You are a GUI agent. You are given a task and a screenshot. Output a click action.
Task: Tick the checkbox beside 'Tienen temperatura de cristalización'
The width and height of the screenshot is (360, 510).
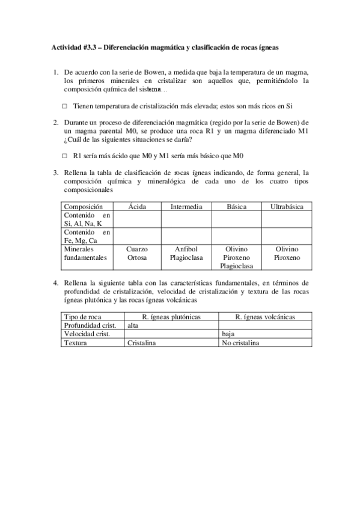[x=64, y=106]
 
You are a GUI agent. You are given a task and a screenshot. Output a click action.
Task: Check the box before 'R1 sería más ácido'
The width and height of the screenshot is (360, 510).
[x=64, y=155]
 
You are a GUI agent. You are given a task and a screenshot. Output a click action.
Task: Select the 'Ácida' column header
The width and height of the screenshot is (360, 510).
[x=137, y=206]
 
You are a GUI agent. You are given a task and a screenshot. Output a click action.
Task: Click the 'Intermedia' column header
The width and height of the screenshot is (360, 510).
[x=186, y=206]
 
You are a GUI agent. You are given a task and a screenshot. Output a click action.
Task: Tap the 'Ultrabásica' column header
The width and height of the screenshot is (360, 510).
[x=287, y=206]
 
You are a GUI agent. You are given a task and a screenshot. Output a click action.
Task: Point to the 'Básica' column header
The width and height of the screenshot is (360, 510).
[x=236, y=206]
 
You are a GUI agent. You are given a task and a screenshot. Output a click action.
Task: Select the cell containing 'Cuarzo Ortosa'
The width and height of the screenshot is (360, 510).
[x=137, y=253]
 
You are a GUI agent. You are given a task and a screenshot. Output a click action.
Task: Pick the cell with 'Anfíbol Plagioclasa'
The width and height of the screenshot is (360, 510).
[x=186, y=253]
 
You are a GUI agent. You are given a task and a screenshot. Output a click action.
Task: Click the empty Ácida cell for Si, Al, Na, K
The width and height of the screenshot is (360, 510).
[x=137, y=220]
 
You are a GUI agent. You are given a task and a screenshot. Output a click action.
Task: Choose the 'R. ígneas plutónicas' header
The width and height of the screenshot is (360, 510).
[x=171, y=317]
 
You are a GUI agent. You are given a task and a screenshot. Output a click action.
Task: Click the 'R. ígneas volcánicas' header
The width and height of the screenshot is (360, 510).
[x=265, y=317]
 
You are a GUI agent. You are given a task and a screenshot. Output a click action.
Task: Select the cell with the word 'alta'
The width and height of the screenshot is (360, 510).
[x=171, y=325]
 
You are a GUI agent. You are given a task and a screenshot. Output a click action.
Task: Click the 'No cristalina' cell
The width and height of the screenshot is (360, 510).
[x=265, y=343]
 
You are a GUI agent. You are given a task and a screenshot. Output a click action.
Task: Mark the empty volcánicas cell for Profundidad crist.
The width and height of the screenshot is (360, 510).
[x=265, y=325]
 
